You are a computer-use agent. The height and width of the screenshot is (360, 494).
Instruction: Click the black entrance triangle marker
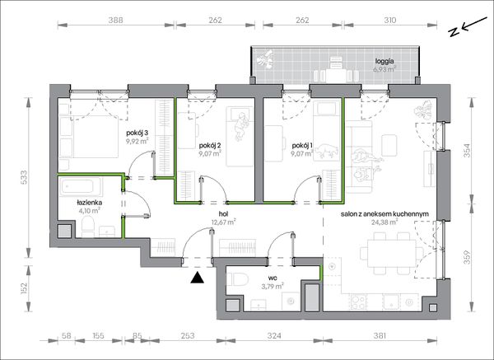pos(197,278)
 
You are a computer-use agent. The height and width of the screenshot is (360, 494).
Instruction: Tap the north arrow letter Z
pos(454,32)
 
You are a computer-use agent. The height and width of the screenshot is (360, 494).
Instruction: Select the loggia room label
pos(384,62)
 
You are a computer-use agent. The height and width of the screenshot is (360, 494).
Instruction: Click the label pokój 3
pos(137,132)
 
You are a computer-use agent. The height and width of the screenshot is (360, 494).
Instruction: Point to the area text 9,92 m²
pos(137,141)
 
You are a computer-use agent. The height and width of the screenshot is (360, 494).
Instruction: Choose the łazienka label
pos(89,203)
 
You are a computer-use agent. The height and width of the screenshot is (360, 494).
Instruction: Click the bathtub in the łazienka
pos(80,187)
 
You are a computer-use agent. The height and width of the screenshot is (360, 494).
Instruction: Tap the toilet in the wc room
pos(237,279)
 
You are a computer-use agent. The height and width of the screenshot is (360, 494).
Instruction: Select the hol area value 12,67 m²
pos(224,222)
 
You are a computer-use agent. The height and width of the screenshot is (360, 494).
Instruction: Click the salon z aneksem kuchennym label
pos(384,214)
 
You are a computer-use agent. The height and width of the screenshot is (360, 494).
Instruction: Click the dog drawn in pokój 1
pos(327,151)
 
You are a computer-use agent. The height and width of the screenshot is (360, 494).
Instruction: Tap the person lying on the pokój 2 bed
pos(241,126)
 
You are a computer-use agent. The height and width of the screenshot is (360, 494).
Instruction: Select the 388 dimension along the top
pos(115,20)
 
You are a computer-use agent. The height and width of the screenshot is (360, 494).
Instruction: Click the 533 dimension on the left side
pos(24,177)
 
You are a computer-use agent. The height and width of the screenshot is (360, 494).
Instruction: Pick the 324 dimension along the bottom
pos(274,336)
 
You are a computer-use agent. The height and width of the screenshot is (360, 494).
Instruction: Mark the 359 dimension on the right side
pos(467,257)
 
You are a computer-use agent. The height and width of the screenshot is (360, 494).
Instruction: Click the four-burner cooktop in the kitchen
pos(359,302)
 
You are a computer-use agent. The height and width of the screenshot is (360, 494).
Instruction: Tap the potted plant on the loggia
pos(264,59)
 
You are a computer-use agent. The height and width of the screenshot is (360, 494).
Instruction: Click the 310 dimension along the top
pos(390,20)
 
